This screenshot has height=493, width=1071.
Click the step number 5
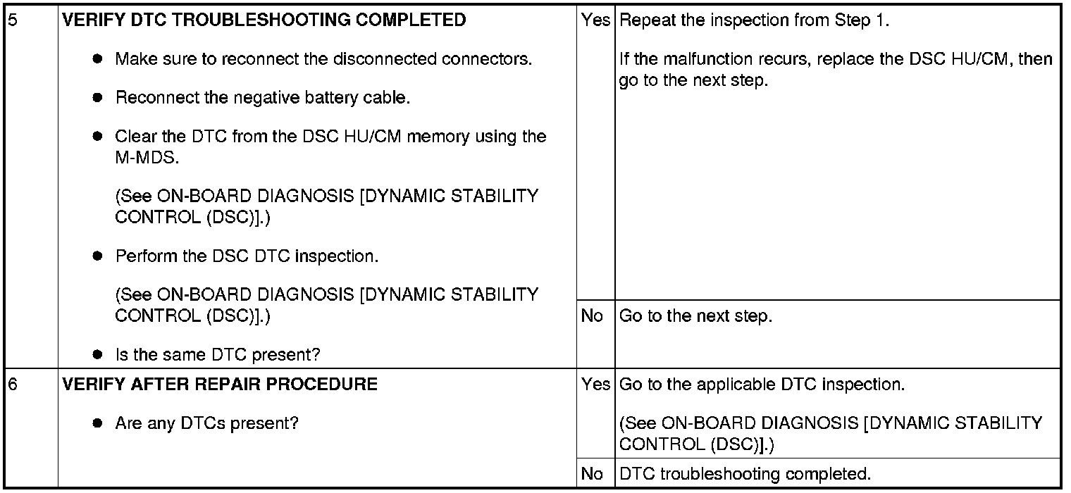(11, 20)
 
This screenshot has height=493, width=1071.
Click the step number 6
(11, 385)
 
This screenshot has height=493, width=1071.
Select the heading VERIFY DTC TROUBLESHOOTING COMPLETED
(264, 20)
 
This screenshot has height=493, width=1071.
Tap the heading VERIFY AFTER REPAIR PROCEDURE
(220, 385)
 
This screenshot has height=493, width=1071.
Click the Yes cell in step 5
(595, 20)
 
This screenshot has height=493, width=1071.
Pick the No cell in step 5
(592, 316)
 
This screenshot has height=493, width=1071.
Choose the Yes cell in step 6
(595, 385)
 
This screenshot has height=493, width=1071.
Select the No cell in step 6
(592, 474)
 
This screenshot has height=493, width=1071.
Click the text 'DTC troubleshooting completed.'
(745, 474)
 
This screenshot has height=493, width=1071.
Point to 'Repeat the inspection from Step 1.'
(755, 20)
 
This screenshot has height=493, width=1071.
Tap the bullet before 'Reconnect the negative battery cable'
(99, 98)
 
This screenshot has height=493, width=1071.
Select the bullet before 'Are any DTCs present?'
(99, 424)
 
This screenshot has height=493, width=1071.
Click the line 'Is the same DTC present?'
(217, 355)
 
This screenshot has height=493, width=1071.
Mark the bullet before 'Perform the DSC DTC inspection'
(99, 256)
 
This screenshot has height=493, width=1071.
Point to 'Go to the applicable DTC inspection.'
(762, 385)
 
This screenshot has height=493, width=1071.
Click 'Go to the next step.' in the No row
(695, 316)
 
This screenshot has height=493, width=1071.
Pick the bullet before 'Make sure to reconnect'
(99, 59)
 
